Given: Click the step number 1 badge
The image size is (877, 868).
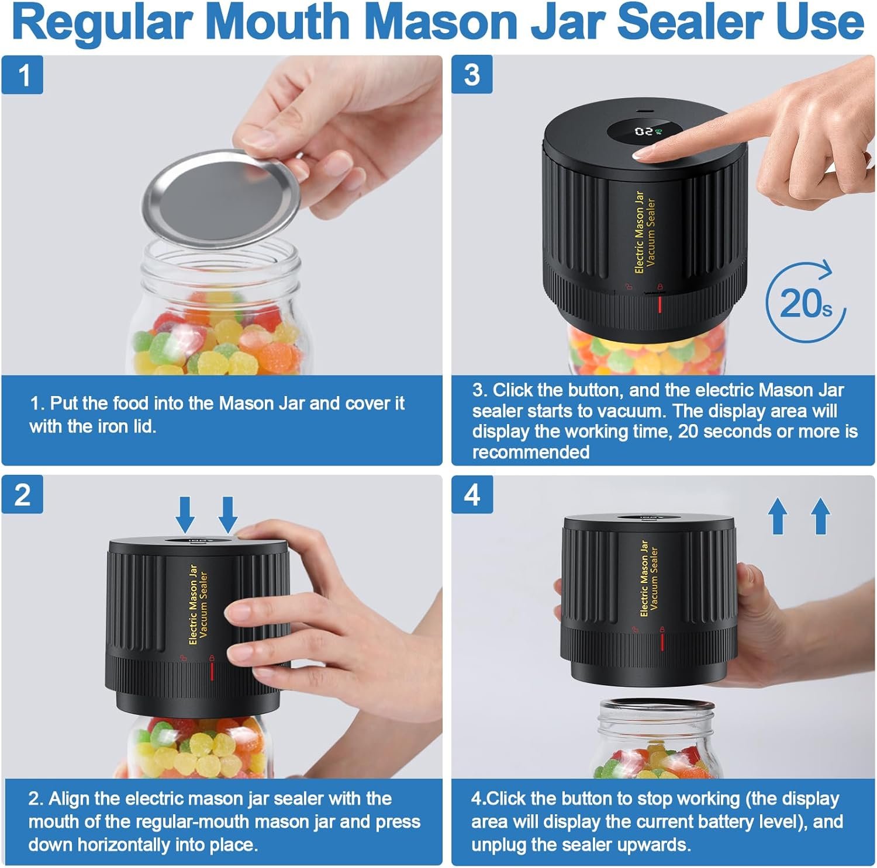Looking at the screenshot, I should coord(22,75).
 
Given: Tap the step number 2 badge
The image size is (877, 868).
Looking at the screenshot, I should coord(22,495).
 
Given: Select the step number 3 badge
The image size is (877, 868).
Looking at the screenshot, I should coord(472,75).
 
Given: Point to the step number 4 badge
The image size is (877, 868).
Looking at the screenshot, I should coord(472,495).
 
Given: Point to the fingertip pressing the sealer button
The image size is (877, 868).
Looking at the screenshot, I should coord(649,154).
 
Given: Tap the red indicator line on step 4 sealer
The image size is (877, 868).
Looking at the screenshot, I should coord(662,642).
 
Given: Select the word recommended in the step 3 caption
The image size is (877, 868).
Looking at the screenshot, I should coord(531,452).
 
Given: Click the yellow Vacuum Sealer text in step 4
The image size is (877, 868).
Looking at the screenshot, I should coord(654,578).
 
